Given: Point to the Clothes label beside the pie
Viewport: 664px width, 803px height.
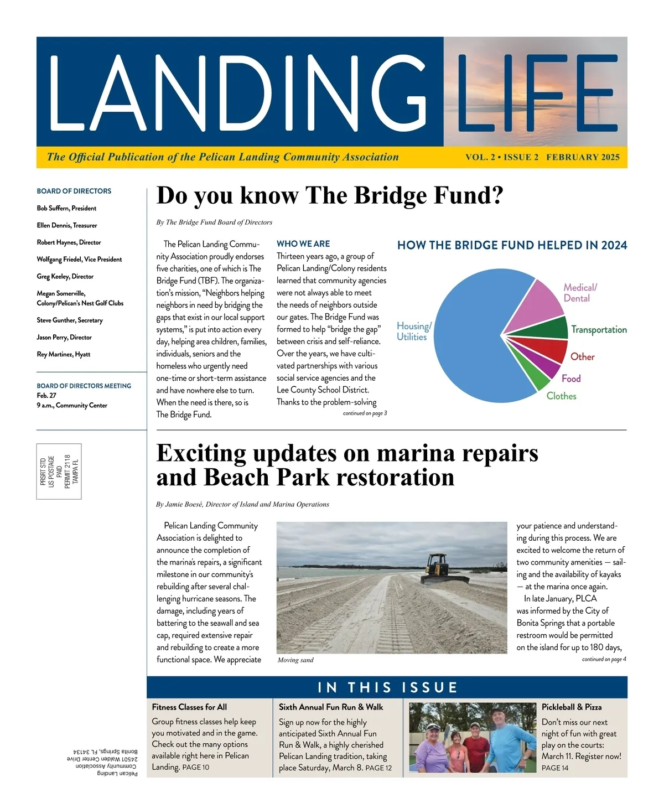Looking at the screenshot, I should tap(561, 396).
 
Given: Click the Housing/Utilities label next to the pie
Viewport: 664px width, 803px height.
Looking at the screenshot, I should tap(413, 331).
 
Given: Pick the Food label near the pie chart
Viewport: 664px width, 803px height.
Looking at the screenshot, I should tap(571, 379).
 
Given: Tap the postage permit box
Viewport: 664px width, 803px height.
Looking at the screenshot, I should tap(59, 472).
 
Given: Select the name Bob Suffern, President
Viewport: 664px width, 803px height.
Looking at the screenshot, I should tap(66, 209).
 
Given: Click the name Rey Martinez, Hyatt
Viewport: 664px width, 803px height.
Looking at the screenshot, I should tap(64, 354).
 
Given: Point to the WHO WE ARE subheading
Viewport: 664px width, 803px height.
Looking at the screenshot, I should tap(303, 244).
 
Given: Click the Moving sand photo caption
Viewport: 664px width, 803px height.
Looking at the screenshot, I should tap(295, 660).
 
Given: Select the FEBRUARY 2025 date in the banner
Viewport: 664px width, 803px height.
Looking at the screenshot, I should tap(583, 157).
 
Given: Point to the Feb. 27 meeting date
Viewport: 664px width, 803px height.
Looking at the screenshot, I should tap(46, 396).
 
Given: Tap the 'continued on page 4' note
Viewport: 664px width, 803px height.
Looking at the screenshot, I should tap(604, 659).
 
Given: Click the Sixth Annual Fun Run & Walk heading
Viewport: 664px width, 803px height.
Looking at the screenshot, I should tap(331, 707).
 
